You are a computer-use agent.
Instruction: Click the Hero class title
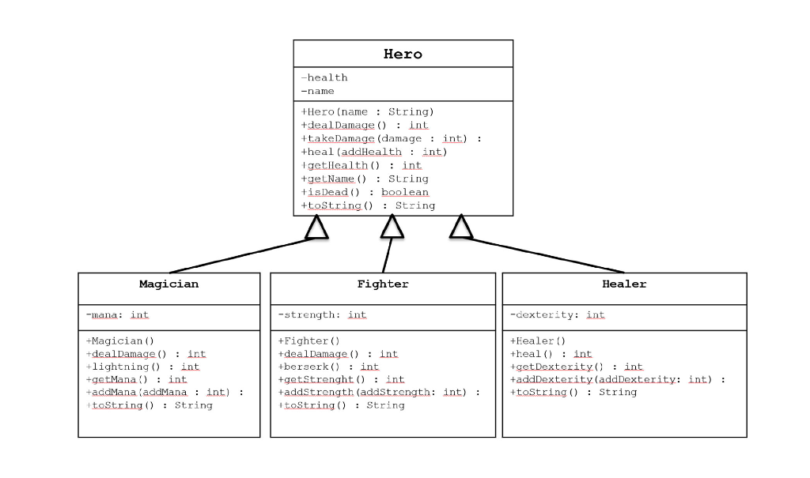click(x=403, y=55)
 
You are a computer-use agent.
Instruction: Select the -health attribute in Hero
click(x=324, y=77)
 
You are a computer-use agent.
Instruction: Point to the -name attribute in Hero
click(x=318, y=91)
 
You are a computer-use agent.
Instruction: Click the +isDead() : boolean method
click(x=365, y=192)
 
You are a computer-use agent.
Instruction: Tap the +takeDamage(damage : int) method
click(x=391, y=138)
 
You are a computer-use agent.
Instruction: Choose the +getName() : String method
click(x=365, y=179)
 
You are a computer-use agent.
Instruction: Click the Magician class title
click(x=168, y=284)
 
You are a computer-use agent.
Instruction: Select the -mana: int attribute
click(x=117, y=314)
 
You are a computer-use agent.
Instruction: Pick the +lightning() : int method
click(x=142, y=367)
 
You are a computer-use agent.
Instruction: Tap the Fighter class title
click(x=383, y=284)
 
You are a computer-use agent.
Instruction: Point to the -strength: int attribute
click(x=322, y=314)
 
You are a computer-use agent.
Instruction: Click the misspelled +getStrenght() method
click(x=341, y=379)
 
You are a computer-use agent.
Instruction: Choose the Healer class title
click(x=624, y=284)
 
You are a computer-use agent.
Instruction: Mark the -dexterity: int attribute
click(x=557, y=314)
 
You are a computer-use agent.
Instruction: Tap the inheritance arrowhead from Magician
click(x=316, y=228)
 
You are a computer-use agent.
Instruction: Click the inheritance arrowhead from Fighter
click(x=392, y=227)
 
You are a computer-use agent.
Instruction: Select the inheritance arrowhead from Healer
click(x=460, y=228)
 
